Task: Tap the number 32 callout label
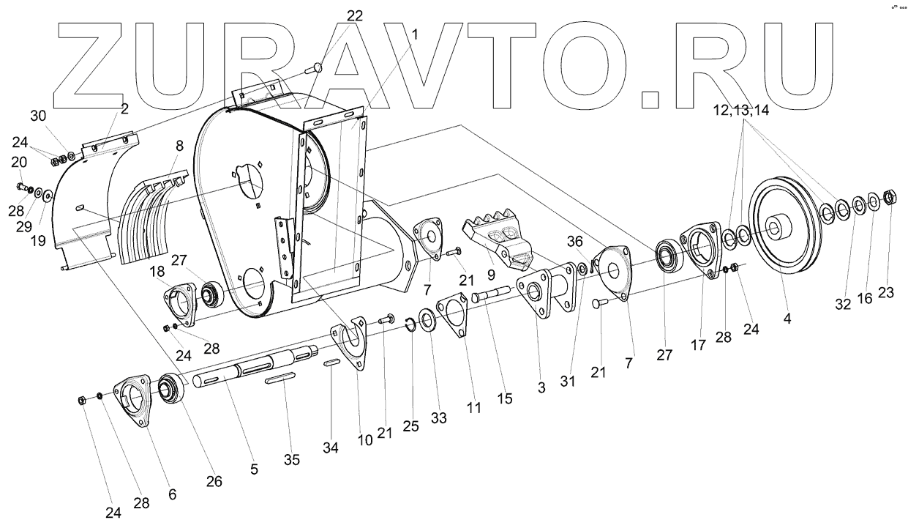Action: pyautogui.click(x=843, y=305)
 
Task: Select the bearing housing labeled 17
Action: pyautogui.click(x=701, y=249)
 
